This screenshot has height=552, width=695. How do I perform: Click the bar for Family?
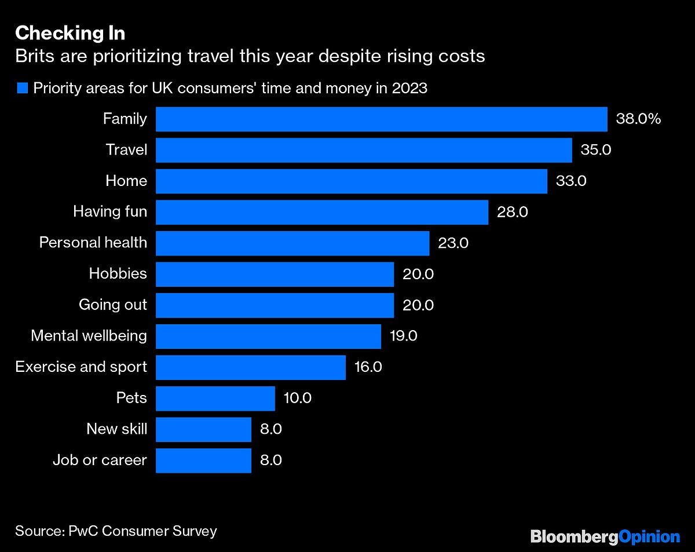tap(381, 119)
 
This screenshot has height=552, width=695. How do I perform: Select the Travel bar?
tap(364, 150)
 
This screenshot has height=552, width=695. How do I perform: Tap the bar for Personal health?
tap(292, 243)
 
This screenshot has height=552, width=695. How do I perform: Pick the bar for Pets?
tap(215, 399)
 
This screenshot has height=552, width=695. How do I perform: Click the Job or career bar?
tap(203, 460)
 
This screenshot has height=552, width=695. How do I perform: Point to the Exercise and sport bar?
tap(251, 367)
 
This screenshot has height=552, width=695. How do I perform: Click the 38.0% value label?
tap(638, 119)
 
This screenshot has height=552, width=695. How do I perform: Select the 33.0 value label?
tap(571, 181)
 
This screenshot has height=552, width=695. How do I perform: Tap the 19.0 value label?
tap(403, 336)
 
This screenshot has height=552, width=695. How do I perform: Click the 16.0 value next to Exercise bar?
tap(368, 367)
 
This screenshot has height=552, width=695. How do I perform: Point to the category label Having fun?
tap(110, 212)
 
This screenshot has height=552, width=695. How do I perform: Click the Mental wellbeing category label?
tap(89, 336)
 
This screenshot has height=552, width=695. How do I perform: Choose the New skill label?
tap(116, 429)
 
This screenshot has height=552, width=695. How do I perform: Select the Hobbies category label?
tap(118, 274)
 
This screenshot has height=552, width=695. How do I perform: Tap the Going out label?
tap(113, 305)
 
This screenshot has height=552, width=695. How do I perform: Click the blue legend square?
tap(23, 89)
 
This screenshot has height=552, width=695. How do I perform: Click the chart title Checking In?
tap(70, 34)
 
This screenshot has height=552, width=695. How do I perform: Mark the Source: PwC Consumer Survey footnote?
tap(116, 531)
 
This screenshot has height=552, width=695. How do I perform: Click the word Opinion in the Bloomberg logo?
tap(649, 536)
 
